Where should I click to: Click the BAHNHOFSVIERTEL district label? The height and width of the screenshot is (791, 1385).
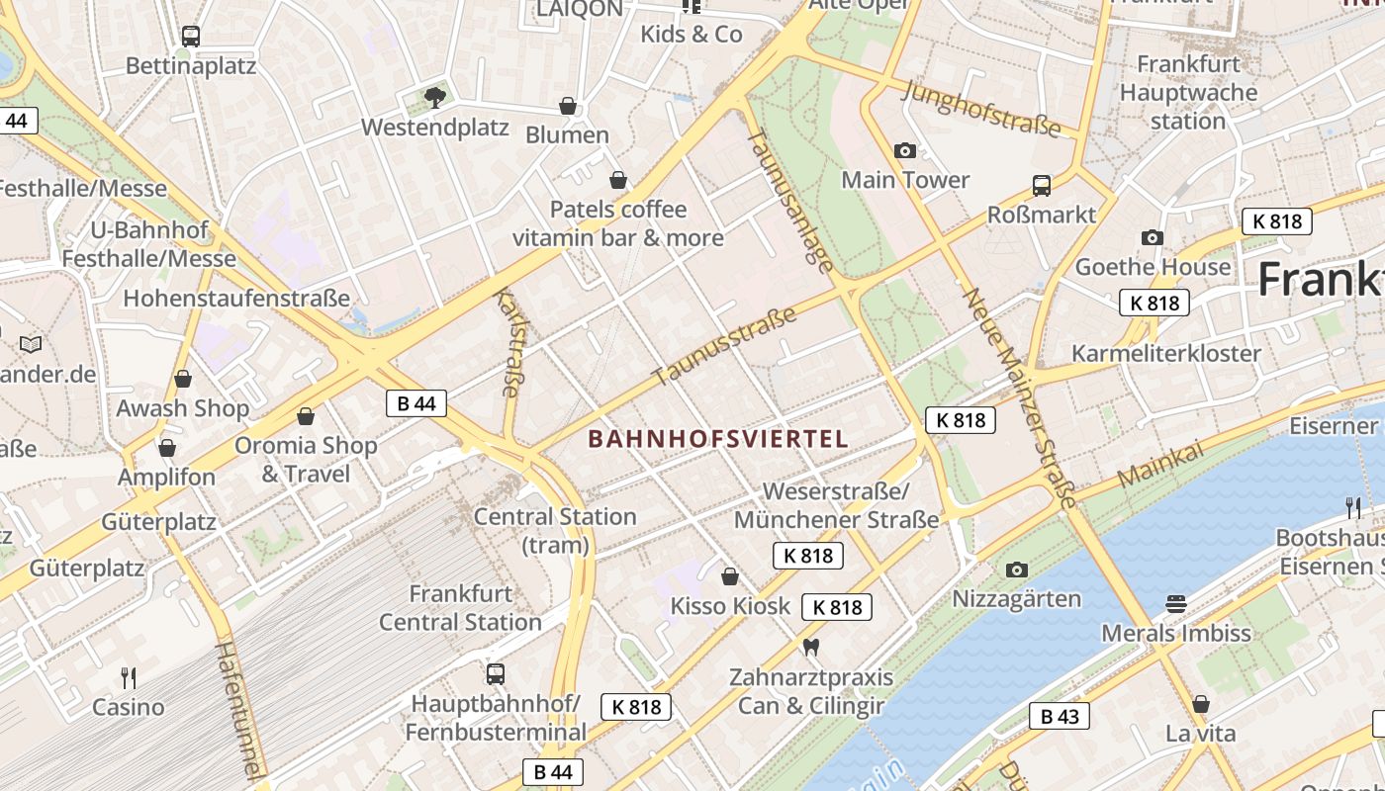tap(718, 438)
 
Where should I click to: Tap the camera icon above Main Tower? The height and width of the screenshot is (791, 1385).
tap(904, 151)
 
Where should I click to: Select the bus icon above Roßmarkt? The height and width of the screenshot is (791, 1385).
tap(1042, 185)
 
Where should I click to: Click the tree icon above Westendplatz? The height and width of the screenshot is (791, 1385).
tap(434, 97)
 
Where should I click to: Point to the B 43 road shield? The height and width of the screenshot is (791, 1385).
tap(1059, 716)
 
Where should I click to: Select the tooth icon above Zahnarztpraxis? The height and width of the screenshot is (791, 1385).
tap(811, 648)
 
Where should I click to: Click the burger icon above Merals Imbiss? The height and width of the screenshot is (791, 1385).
tap(1175, 603)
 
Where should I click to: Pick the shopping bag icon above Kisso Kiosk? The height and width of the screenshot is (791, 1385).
tap(730, 576)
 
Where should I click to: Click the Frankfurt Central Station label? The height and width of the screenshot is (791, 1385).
tap(460, 608)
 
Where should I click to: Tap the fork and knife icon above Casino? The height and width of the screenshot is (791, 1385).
tap(129, 677)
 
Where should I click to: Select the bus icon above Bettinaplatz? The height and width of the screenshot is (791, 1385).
tap(191, 37)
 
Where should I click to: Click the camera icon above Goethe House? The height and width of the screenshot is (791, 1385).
tap(1153, 237)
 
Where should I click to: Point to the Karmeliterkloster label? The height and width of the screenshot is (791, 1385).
tap(1166, 353)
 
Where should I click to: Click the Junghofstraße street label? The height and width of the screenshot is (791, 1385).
tap(982, 109)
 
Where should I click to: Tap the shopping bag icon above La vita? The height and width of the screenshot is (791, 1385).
tap(1200, 704)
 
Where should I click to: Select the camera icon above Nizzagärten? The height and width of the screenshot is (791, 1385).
tap(1016, 570)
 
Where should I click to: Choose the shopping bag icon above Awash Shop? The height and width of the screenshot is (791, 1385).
tap(183, 379)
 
